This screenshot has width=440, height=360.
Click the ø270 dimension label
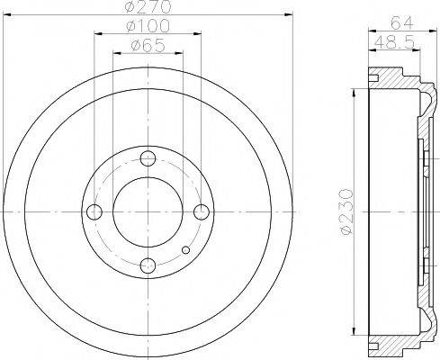tap(148, 8)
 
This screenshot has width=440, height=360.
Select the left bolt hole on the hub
tap(94, 211)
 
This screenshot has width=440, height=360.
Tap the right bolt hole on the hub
tap(202, 211)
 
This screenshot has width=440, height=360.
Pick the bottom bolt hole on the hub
tap(148, 265)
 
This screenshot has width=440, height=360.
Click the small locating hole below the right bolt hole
tap(185, 250)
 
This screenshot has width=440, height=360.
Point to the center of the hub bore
tap(148, 211)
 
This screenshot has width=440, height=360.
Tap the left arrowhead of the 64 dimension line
tap(369, 32)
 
